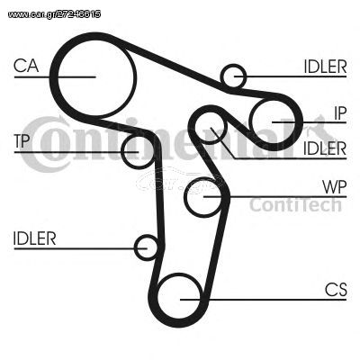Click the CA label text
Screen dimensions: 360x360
26,66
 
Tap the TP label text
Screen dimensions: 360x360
22,140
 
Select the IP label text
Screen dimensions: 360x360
340,113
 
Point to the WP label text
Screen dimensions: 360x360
335,187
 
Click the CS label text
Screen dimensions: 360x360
336,290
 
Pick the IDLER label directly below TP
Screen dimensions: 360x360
35,238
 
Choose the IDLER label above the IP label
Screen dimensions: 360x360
325,67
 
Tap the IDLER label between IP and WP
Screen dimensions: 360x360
325,148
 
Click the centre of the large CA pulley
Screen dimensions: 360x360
95,77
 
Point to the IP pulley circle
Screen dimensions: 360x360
273,121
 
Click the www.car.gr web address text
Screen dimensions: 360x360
54,14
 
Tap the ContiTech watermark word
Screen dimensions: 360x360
296,205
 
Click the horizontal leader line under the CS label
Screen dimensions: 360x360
263,300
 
